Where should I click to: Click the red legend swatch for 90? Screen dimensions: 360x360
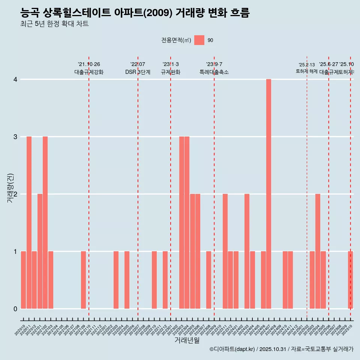[x=199, y=40]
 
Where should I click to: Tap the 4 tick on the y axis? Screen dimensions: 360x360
[x=15, y=79]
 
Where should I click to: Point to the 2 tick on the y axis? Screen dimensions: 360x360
[x=15, y=194]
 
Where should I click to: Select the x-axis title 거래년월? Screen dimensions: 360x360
[x=187, y=340]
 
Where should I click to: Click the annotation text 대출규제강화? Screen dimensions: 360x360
[x=89, y=72]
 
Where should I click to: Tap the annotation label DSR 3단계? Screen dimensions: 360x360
[x=138, y=72]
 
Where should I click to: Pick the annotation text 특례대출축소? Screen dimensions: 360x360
[x=214, y=72]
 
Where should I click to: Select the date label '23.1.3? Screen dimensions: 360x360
[x=171, y=64]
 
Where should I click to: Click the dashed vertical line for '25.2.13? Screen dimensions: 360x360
[x=307, y=187]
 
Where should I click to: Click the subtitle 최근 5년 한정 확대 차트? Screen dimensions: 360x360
[x=55, y=24]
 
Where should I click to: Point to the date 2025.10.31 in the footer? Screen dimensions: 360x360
[x=273, y=349]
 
